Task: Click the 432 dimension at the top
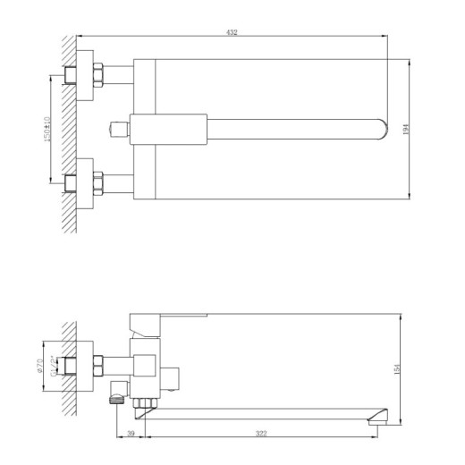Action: coord(232,32)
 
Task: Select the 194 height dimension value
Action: coord(406,128)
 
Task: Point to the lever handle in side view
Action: coord(170,317)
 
